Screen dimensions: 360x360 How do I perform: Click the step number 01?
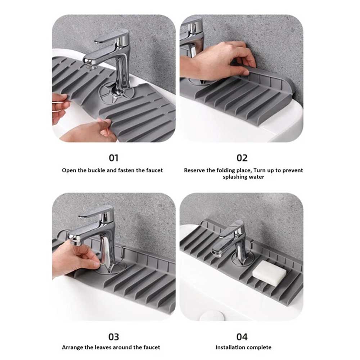click(113, 158)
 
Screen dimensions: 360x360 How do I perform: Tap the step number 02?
click(242, 158)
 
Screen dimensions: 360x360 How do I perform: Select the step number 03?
click(113, 337)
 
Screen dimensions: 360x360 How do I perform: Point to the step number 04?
click(242, 337)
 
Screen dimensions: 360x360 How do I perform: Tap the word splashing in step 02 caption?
click(235, 177)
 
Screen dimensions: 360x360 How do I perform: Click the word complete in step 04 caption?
click(259, 347)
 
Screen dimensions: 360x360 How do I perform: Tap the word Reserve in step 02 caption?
click(194, 170)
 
